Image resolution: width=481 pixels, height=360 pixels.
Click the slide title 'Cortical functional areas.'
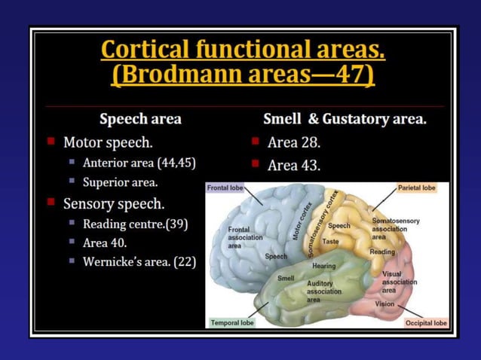pyautogui.click(x=243, y=50)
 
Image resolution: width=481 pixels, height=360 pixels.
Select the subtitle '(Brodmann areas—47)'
pyautogui.click(x=243, y=76)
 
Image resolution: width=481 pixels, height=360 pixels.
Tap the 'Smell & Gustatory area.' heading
pyautogui.click(x=345, y=119)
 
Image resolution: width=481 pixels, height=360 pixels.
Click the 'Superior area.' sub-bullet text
pyautogui.click(x=120, y=182)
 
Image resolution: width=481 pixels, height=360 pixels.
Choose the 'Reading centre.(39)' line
pyautogui.click(x=135, y=224)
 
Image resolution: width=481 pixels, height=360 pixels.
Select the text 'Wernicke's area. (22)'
pyautogui.click(x=140, y=261)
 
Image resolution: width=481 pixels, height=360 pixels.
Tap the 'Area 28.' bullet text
pyautogui.click(x=294, y=142)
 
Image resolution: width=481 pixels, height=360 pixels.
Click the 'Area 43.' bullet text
pyautogui.click(x=294, y=165)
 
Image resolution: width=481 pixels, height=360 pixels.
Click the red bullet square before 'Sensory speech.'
pyautogui.click(x=51, y=203)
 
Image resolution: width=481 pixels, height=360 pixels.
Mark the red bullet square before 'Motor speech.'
pyautogui.click(x=51, y=141)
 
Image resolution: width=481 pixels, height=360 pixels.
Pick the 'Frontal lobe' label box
pyautogui.click(x=225, y=188)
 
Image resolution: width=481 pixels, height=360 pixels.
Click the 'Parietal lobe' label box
pyautogui.click(x=417, y=188)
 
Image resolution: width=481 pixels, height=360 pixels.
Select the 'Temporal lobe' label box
pyautogui.click(x=231, y=322)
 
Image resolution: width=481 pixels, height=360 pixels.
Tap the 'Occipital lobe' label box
pyautogui.click(x=426, y=322)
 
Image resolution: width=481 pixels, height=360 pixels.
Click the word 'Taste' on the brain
pyautogui.click(x=330, y=242)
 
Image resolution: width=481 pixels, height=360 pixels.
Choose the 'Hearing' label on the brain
pyautogui.click(x=324, y=266)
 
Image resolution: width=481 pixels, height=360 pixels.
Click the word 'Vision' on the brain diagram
pyautogui.click(x=384, y=304)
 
